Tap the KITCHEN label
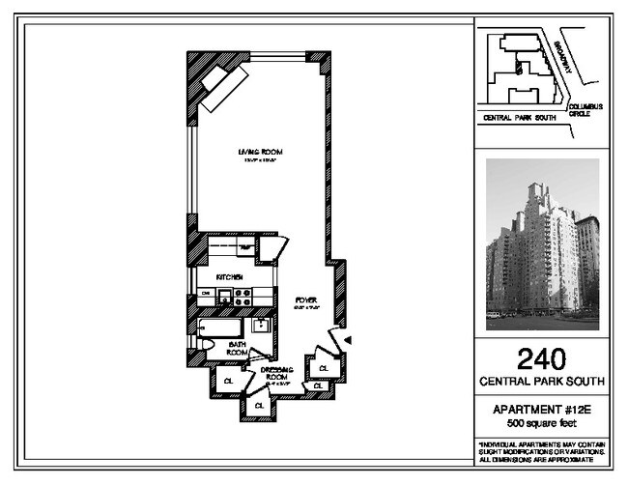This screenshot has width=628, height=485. click(x=228, y=277)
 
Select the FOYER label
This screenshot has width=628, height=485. click(x=306, y=300)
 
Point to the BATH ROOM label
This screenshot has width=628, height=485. click(x=238, y=348)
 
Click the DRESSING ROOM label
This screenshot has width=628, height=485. click(x=263, y=372)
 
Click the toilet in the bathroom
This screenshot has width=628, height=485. click(x=205, y=344)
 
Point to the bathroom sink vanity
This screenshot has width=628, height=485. click(x=261, y=326)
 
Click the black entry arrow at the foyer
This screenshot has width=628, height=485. click(x=348, y=339)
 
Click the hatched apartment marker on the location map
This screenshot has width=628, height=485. click(x=519, y=69)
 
